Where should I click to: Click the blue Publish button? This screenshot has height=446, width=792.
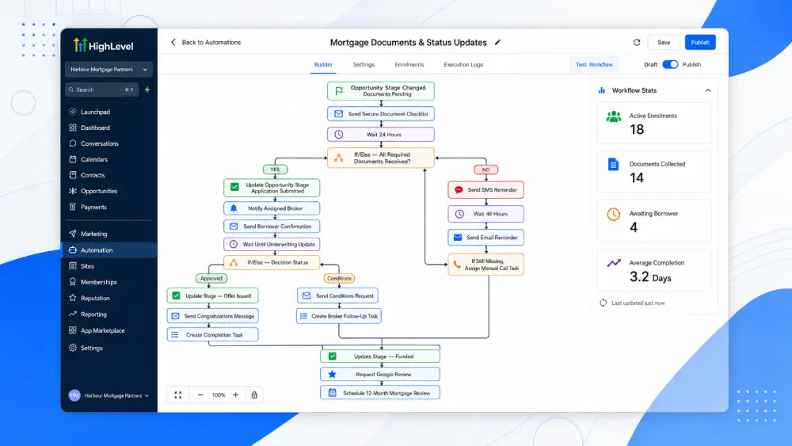tap(700, 43)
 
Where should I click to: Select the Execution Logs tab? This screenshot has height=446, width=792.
tap(463, 65)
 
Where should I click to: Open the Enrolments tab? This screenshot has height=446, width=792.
tap(409, 65)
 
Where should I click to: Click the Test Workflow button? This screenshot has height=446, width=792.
tap(594, 65)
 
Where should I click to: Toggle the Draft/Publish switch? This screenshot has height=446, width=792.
tap(670, 65)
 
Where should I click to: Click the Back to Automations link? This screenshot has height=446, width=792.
tap(206, 43)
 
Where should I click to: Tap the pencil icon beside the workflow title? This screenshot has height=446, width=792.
tap(497, 43)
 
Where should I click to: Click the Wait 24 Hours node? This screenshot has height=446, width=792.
tap(381, 135)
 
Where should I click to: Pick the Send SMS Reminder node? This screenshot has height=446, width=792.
tap(486, 190)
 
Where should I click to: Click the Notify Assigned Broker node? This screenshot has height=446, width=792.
tap(272, 208)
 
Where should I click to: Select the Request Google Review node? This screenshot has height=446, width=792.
tap(380, 374)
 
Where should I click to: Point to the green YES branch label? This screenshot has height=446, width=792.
tap(275, 170)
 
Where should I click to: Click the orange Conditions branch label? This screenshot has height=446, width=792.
tap(339, 278)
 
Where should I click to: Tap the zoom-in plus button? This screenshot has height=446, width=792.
tap(235, 395)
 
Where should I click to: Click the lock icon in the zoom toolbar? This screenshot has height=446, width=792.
tap(254, 395)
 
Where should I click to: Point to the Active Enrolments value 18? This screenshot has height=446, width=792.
tap(637, 130)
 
